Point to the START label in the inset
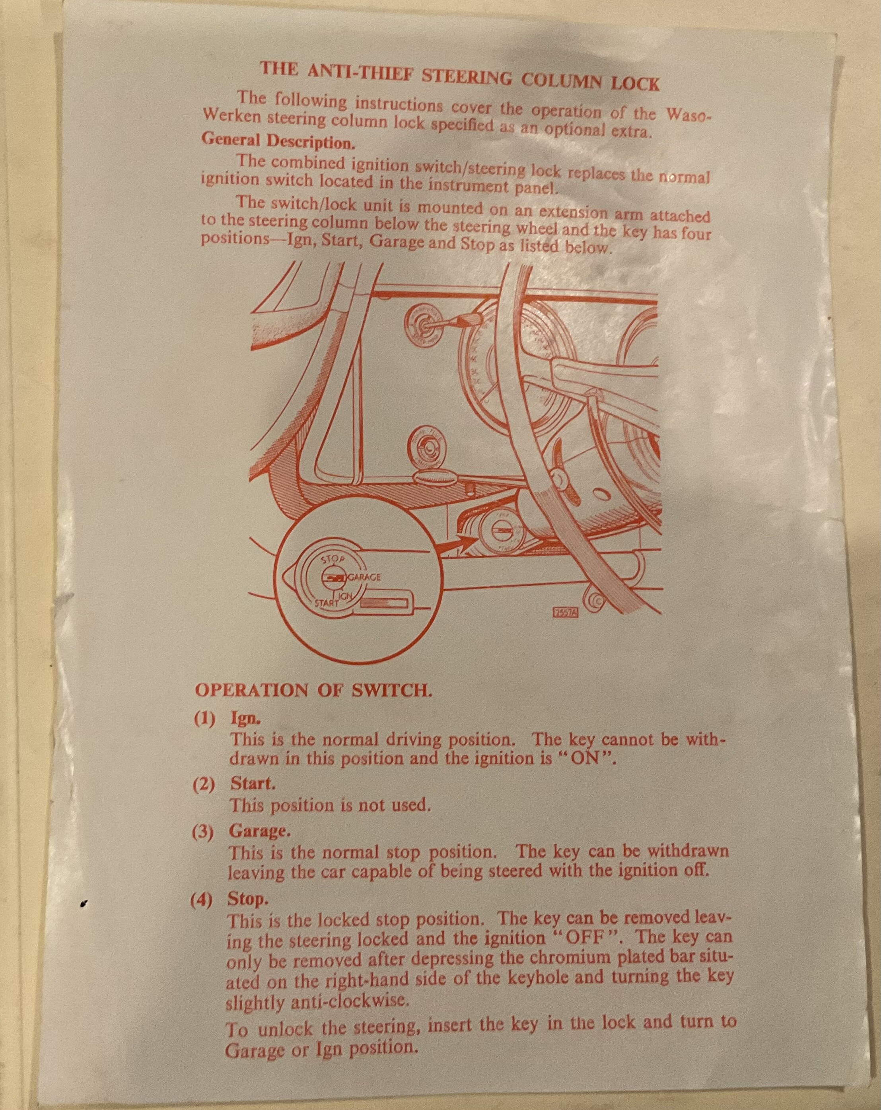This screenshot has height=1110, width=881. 326,602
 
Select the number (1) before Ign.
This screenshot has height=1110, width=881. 204,720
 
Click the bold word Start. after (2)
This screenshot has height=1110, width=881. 253,784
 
